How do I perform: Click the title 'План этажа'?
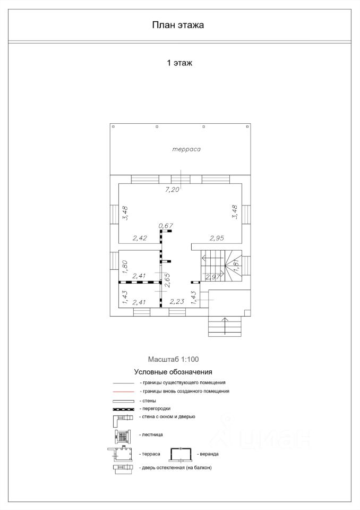coord(178,25)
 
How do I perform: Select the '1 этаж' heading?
coord(179,63)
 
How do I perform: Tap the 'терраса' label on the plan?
coord(186,149)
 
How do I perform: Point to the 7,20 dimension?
coord(173,190)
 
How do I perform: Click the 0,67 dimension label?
coord(166,225)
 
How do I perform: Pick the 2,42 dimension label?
coord(140,238)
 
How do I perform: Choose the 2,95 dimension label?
coord(217,238)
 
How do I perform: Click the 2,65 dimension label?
coord(167,280)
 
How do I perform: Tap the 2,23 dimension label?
coord(177,302)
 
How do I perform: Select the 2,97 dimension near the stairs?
coord(213,277)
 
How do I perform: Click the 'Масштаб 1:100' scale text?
coord(173,360)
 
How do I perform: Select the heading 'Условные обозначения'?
coord(173,372)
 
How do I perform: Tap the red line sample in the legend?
coord(124,392)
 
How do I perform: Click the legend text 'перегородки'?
coord(157,409)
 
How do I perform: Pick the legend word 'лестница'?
coord(152,435)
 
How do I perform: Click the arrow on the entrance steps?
coord(225,325)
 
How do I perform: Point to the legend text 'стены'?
coord(149,401)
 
